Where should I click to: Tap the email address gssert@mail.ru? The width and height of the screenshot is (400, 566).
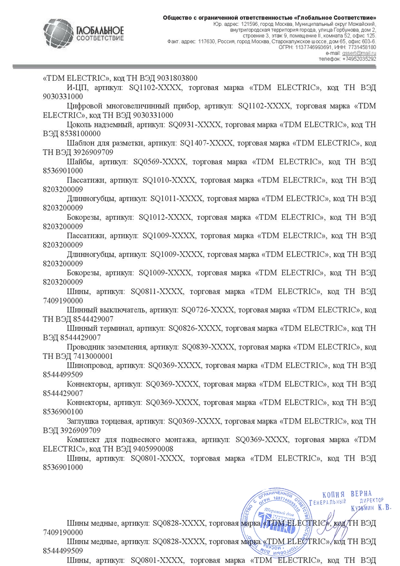(363, 53)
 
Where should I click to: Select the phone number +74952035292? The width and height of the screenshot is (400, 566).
(359, 58)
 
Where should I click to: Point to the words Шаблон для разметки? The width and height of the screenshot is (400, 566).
(103, 143)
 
